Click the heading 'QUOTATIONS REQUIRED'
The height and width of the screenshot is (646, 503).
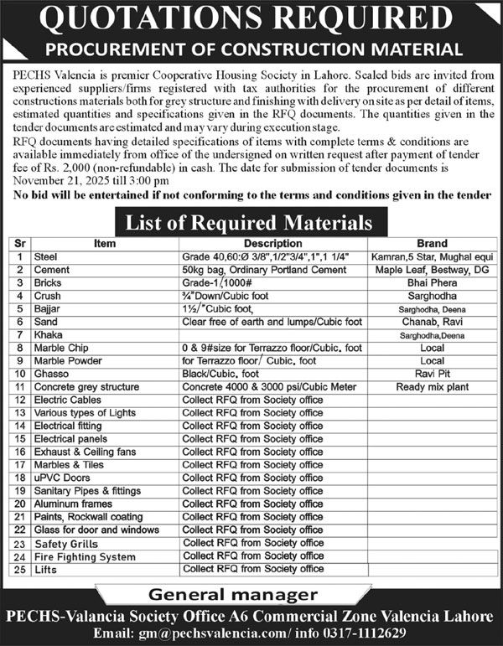click(x=251, y=18)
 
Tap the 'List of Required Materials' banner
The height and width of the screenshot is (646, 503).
click(x=249, y=224)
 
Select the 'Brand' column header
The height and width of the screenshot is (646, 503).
click(x=437, y=245)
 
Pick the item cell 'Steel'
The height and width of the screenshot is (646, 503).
click(x=45, y=257)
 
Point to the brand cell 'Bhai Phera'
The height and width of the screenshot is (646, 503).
click(x=437, y=283)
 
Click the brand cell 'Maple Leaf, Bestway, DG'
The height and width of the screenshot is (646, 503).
click(x=437, y=271)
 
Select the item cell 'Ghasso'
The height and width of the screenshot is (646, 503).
click(x=51, y=374)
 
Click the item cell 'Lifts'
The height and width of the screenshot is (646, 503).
click(x=45, y=569)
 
